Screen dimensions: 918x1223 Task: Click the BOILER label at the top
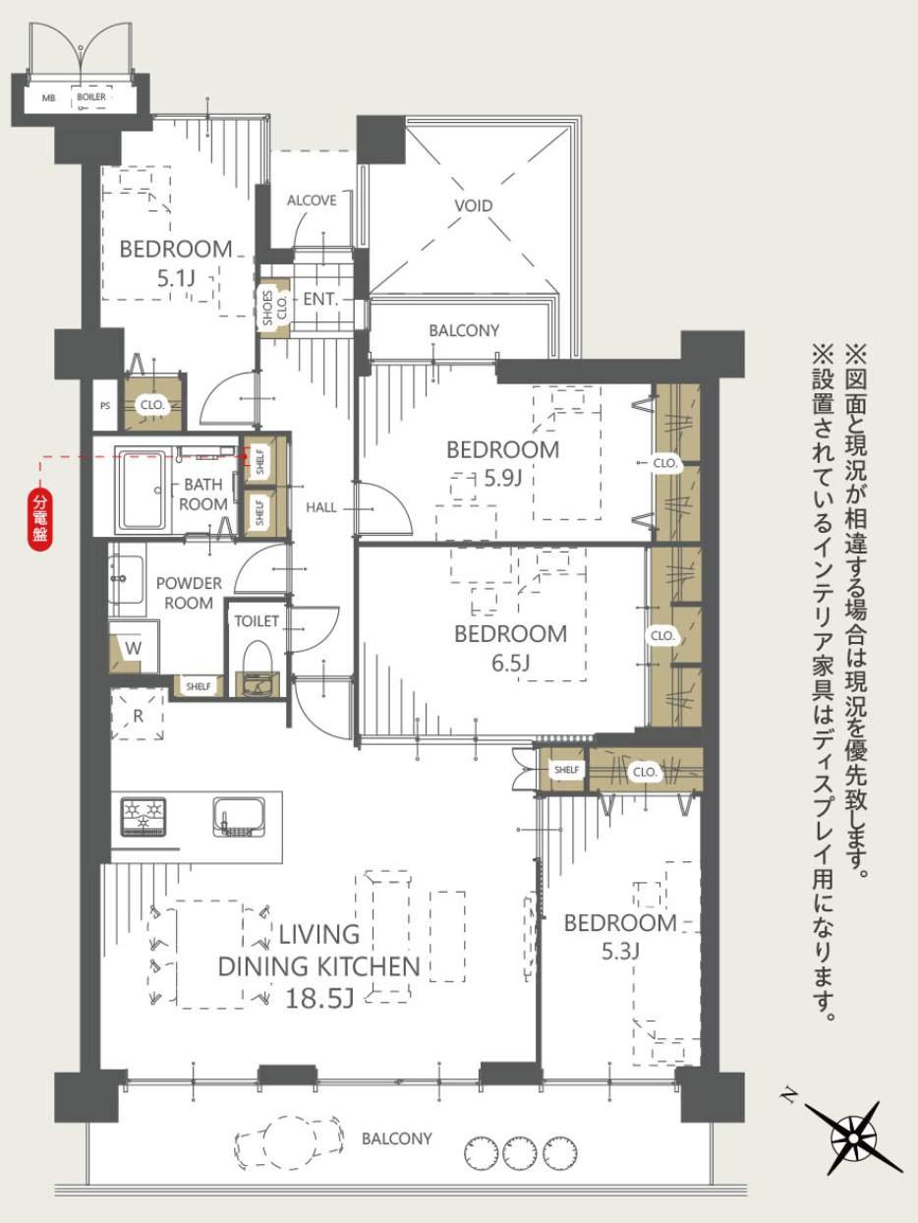[x=91, y=97]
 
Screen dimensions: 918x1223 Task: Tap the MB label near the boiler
[x=49, y=98]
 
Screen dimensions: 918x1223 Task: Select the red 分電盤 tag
[x=40, y=518]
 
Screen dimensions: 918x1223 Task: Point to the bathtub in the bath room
[x=143, y=491]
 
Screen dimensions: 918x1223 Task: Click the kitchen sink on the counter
[x=240, y=817]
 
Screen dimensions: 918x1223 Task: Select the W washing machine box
[x=133, y=648]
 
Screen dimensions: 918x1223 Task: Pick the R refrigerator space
[x=138, y=715]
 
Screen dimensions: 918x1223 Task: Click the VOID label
[x=474, y=205]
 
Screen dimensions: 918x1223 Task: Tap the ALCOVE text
[x=312, y=201]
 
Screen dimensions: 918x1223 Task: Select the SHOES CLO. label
[x=274, y=308]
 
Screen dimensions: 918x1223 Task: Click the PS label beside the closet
[x=105, y=406]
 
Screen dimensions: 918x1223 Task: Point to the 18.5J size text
[x=319, y=999]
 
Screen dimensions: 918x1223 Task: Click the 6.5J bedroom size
[x=510, y=663]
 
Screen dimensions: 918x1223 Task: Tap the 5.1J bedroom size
[x=176, y=278]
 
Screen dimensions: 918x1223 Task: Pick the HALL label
[x=321, y=507]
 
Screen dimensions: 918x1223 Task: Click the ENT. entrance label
[x=320, y=300]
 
